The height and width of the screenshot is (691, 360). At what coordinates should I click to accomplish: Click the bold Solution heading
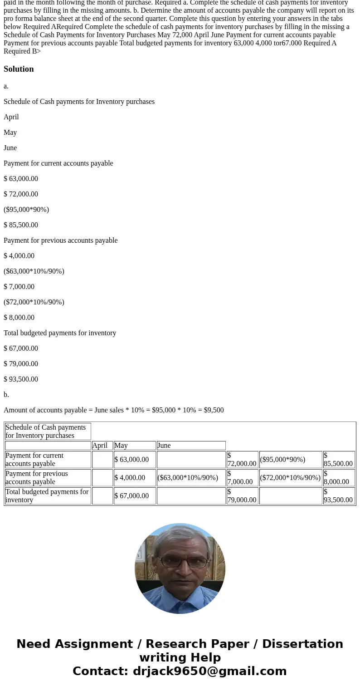tap(19, 69)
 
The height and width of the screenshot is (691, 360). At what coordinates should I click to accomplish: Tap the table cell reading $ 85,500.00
tap(338, 460)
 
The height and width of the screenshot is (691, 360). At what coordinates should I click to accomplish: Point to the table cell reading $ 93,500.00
tap(338, 496)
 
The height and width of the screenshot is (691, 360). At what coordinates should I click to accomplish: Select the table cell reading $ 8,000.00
tap(338, 478)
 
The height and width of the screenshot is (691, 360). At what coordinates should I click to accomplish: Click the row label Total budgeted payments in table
tap(47, 496)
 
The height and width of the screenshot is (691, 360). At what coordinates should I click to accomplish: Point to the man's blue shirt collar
tap(180, 599)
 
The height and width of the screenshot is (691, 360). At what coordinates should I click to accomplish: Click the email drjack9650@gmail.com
tap(209, 671)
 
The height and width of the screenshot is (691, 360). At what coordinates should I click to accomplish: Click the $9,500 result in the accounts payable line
tap(214, 410)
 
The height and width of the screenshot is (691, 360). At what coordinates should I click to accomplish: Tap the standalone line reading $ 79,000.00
tap(21, 364)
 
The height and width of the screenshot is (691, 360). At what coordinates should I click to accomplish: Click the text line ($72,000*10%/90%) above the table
tap(34, 302)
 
